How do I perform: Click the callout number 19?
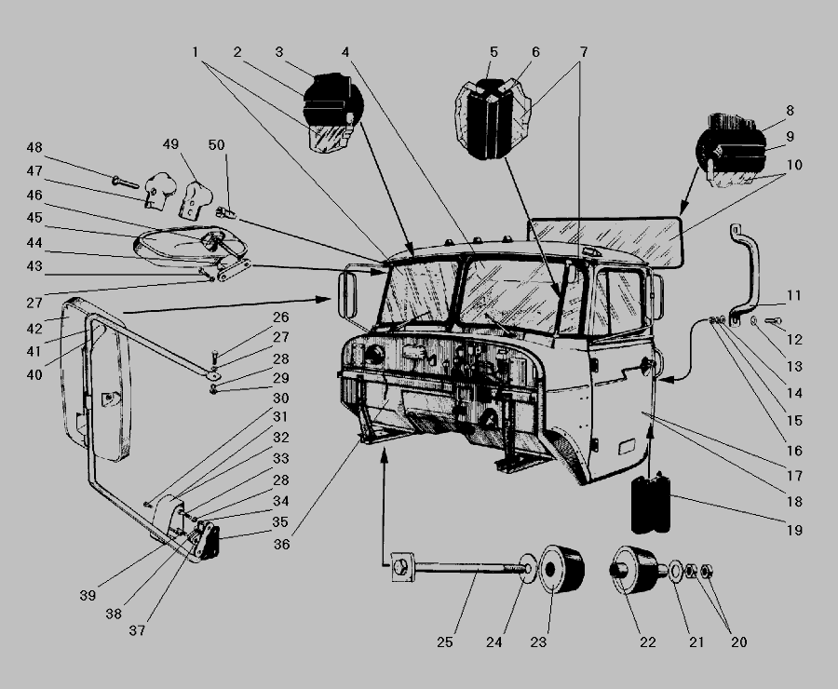point(794,530)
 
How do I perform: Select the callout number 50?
point(216,145)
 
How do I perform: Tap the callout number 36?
point(281,544)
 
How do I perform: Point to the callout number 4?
point(345,52)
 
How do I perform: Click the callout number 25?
point(445,642)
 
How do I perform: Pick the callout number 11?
point(794,295)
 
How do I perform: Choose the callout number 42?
point(34,329)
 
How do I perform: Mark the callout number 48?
point(34,147)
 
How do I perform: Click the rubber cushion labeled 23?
point(561,569)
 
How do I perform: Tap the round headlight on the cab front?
point(374,355)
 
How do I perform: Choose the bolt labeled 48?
point(125,182)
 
